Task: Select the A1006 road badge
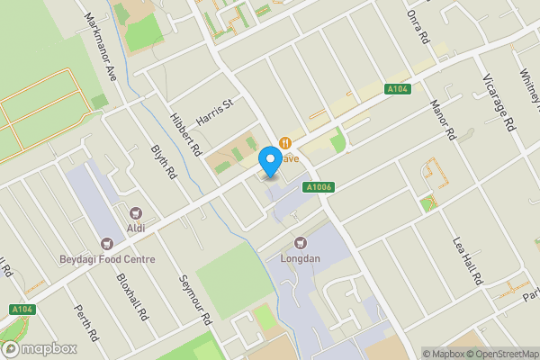pyautogui.click(x=319, y=187)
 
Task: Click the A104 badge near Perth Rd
pyautogui.click(x=23, y=310)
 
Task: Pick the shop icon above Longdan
pyautogui.click(x=301, y=241)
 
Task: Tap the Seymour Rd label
pyautogui.click(x=193, y=300)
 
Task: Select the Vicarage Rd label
pyautogui.click(x=497, y=99)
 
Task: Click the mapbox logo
pyautogui.click(x=39, y=348)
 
